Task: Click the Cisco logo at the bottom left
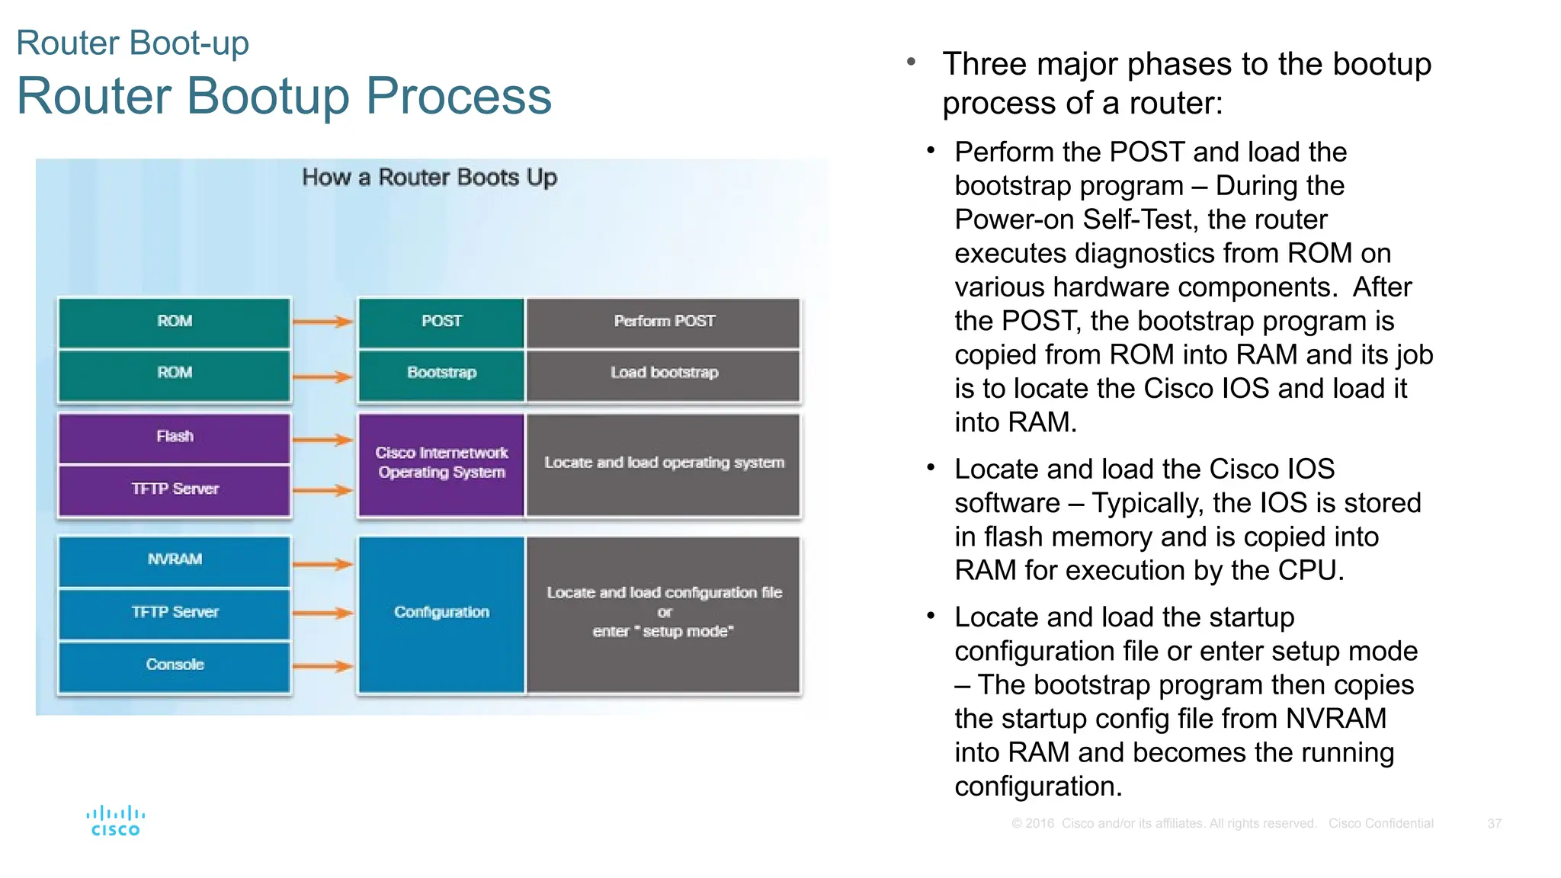(115, 822)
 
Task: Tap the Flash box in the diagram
(175, 437)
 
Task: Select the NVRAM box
(175, 559)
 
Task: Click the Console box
(175, 665)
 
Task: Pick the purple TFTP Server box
(175, 489)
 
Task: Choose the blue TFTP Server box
(175, 612)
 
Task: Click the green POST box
(441, 322)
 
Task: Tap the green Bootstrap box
(441, 373)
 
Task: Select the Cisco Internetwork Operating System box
(441, 463)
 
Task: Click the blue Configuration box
(441, 613)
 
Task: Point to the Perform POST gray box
(664, 322)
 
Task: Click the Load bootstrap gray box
(664, 373)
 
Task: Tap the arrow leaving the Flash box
(322, 440)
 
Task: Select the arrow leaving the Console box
(322, 666)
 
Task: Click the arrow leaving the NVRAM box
(322, 564)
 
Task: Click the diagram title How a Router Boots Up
(429, 178)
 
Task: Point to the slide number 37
(1494, 824)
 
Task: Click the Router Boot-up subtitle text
(133, 43)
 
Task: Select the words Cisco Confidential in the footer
(1380, 824)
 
